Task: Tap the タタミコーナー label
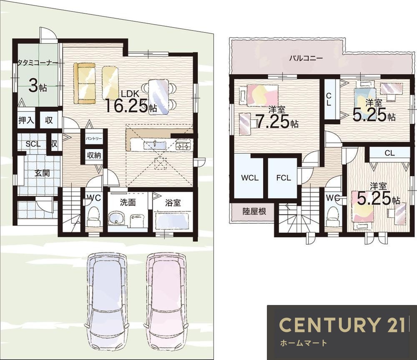[38, 62]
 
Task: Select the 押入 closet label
[26, 120]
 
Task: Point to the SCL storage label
[33, 144]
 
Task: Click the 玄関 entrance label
[42, 173]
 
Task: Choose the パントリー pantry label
[93, 139]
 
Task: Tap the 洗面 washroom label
[128, 203]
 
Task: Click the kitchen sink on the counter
[155, 145]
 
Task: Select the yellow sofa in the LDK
[85, 83]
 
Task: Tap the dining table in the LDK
[159, 97]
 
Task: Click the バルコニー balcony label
[306, 58]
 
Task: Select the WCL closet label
[250, 178]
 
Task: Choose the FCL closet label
[284, 178]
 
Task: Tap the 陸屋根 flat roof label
[254, 211]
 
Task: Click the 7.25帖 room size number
[276, 122]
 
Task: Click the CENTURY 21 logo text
[342, 325]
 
